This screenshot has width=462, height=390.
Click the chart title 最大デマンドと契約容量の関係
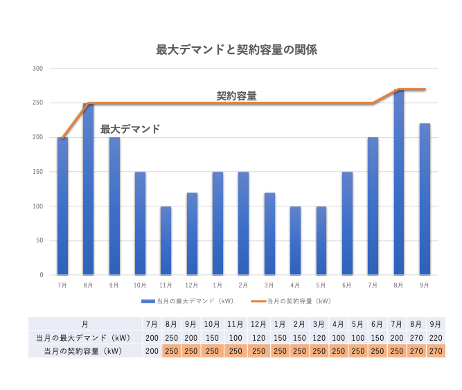coord(237,50)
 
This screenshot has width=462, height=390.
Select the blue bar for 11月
coord(166,240)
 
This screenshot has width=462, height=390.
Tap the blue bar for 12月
coord(192,233)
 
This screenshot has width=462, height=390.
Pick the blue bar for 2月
coord(244,223)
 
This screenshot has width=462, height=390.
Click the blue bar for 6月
coord(347,223)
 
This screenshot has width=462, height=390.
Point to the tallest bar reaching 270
coord(399,181)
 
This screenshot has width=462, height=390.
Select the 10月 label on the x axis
coord(140,285)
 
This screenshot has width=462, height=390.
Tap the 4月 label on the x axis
coord(295,285)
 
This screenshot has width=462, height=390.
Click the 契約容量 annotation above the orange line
coord(236,96)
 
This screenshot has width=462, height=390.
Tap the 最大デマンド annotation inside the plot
coord(130,129)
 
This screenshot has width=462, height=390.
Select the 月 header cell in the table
coord(85,323)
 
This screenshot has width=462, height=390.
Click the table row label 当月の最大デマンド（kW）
coord(85,337)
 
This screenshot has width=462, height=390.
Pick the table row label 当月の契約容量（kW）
coord(85,351)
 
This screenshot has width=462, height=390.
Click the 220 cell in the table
coord(436,337)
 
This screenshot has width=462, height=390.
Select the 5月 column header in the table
coord(359,323)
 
